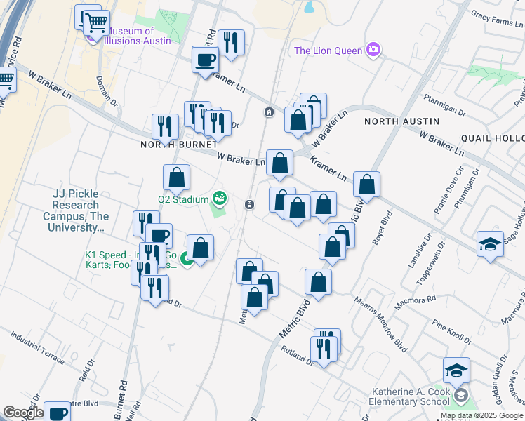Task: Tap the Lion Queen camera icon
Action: click(x=373, y=50)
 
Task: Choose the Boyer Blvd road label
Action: click(x=387, y=227)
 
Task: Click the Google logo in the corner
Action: click(x=22, y=413)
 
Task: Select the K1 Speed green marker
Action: click(x=187, y=259)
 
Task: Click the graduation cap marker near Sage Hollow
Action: click(x=490, y=244)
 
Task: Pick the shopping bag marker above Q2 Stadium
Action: click(x=176, y=178)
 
